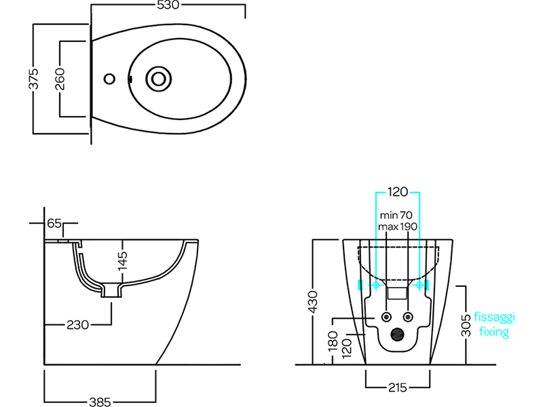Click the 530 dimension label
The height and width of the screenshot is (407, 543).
[168, 5]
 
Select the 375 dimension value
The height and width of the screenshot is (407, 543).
[33, 79]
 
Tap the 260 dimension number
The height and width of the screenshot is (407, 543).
[60, 79]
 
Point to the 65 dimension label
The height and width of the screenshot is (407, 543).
[54, 223]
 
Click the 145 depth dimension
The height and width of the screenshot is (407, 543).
[122, 260]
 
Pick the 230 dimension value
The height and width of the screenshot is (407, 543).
[77, 325]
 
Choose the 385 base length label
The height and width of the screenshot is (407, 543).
[100, 402]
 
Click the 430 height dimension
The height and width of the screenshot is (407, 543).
[312, 302]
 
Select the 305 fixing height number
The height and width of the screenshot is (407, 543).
[466, 325]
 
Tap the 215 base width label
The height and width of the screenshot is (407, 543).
[398, 387]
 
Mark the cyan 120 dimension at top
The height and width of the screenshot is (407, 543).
[398, 192]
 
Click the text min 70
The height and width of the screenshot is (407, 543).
[396, 215]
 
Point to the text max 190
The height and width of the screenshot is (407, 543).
[398, 227]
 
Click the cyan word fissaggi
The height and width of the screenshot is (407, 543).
[494, 317]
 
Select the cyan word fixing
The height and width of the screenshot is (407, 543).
[494, 332]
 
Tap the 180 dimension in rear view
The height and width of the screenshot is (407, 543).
[333, 341]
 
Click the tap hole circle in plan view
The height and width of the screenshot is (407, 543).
[109, 79]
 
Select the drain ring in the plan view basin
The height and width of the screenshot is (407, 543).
[159, 79]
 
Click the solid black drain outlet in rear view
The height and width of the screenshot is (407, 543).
[397, 334]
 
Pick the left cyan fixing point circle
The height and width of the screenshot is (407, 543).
[376, 285]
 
